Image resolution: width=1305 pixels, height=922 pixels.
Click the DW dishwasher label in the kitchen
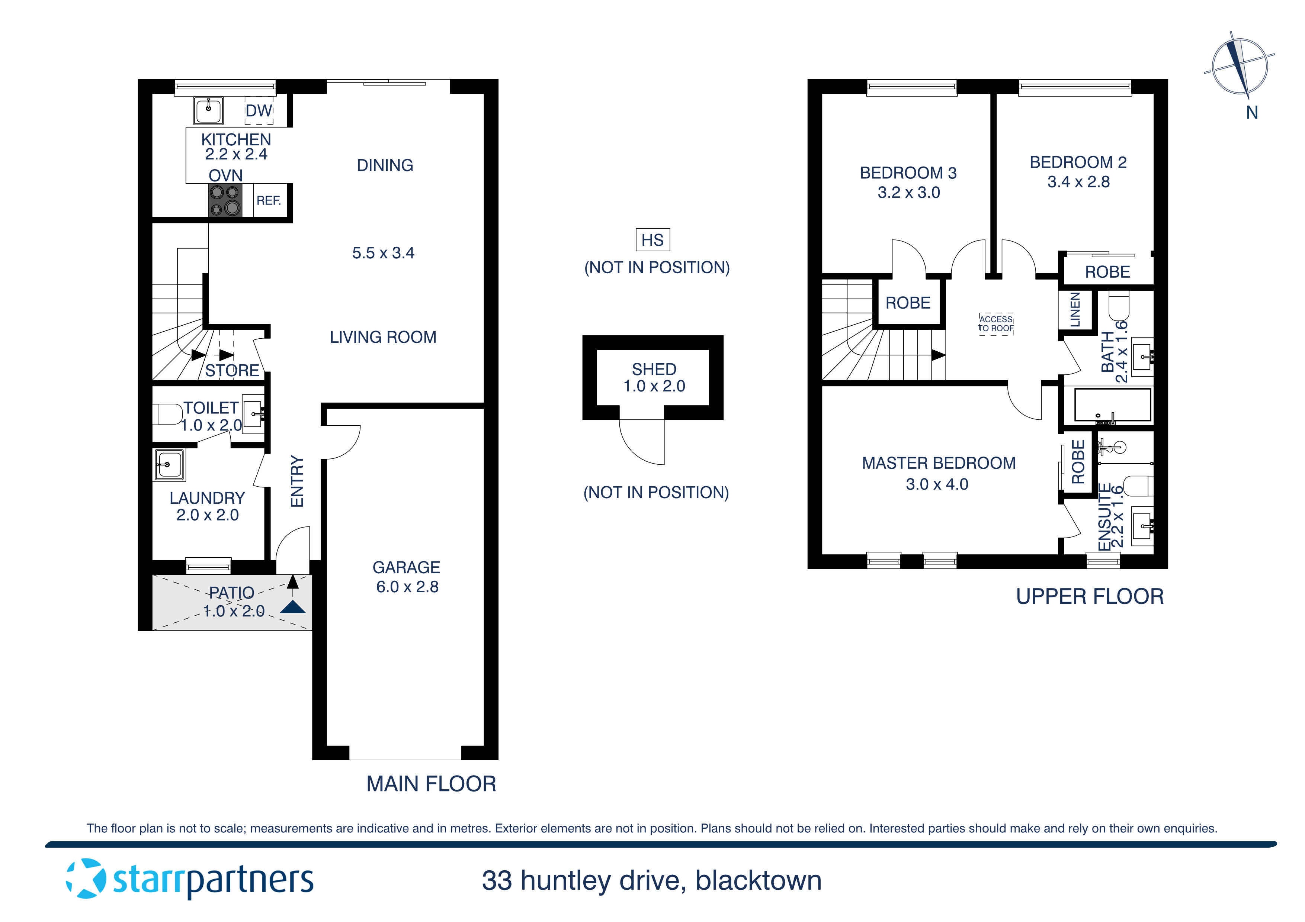click(259, 111)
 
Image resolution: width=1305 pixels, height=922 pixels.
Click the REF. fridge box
click(269, 200)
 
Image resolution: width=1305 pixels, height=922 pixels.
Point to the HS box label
click(652, 240)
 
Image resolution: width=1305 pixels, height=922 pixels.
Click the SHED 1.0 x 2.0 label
click(654, 378)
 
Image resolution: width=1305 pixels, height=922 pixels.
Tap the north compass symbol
click(1239, 67)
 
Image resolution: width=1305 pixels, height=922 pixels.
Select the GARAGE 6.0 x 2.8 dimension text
click(407, 587)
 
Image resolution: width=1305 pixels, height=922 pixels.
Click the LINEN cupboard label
click(1075, 310)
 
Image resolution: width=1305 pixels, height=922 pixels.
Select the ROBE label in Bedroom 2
click(1107, 272)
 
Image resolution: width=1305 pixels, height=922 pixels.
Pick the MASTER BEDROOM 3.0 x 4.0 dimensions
click(937, 484)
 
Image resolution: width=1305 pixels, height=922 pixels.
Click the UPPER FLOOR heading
click(1090, 596)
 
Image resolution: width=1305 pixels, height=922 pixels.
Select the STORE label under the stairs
click(232, 370)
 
